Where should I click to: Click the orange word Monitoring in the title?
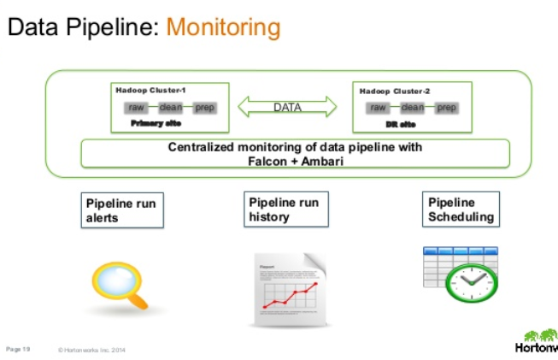223,27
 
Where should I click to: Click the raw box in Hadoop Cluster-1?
136,108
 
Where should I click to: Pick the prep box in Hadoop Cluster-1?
204,108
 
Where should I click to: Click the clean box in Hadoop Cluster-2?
413,108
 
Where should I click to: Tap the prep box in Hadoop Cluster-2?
447,108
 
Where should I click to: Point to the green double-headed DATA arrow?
287,107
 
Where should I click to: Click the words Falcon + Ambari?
295,160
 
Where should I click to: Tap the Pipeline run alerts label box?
123,210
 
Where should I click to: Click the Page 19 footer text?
18,348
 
